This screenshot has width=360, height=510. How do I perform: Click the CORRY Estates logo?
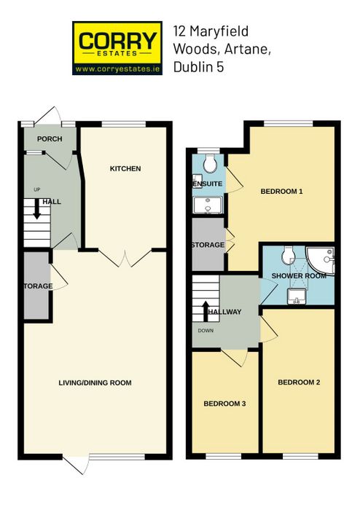pos(117,48)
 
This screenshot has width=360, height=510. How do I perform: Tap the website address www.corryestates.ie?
pos(117,69)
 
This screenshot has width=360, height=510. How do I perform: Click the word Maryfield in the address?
pos(219,31)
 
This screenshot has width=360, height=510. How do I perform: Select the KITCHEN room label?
pos(125,168)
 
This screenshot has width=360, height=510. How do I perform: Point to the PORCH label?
pos(50,139)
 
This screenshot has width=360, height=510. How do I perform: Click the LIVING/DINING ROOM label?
pos(95,382)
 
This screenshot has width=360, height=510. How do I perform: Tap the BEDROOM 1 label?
pos(281,191)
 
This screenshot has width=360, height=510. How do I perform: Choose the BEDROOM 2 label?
pos(299,382)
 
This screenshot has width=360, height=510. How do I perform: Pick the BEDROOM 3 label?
pos(224,404)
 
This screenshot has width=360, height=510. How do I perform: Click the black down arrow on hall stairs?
pos(37,208)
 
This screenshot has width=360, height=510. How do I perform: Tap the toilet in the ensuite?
pos(210,163)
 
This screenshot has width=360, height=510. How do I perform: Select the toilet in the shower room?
pos(288,255)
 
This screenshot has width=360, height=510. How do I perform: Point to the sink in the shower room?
pos(297,297)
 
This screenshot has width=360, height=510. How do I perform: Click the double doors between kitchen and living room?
pos(125,258)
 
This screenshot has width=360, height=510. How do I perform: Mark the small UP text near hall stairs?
pos(37,189)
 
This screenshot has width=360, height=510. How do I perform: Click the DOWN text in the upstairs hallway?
pos(206,331)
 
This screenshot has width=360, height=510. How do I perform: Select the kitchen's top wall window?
pos(124,124)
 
